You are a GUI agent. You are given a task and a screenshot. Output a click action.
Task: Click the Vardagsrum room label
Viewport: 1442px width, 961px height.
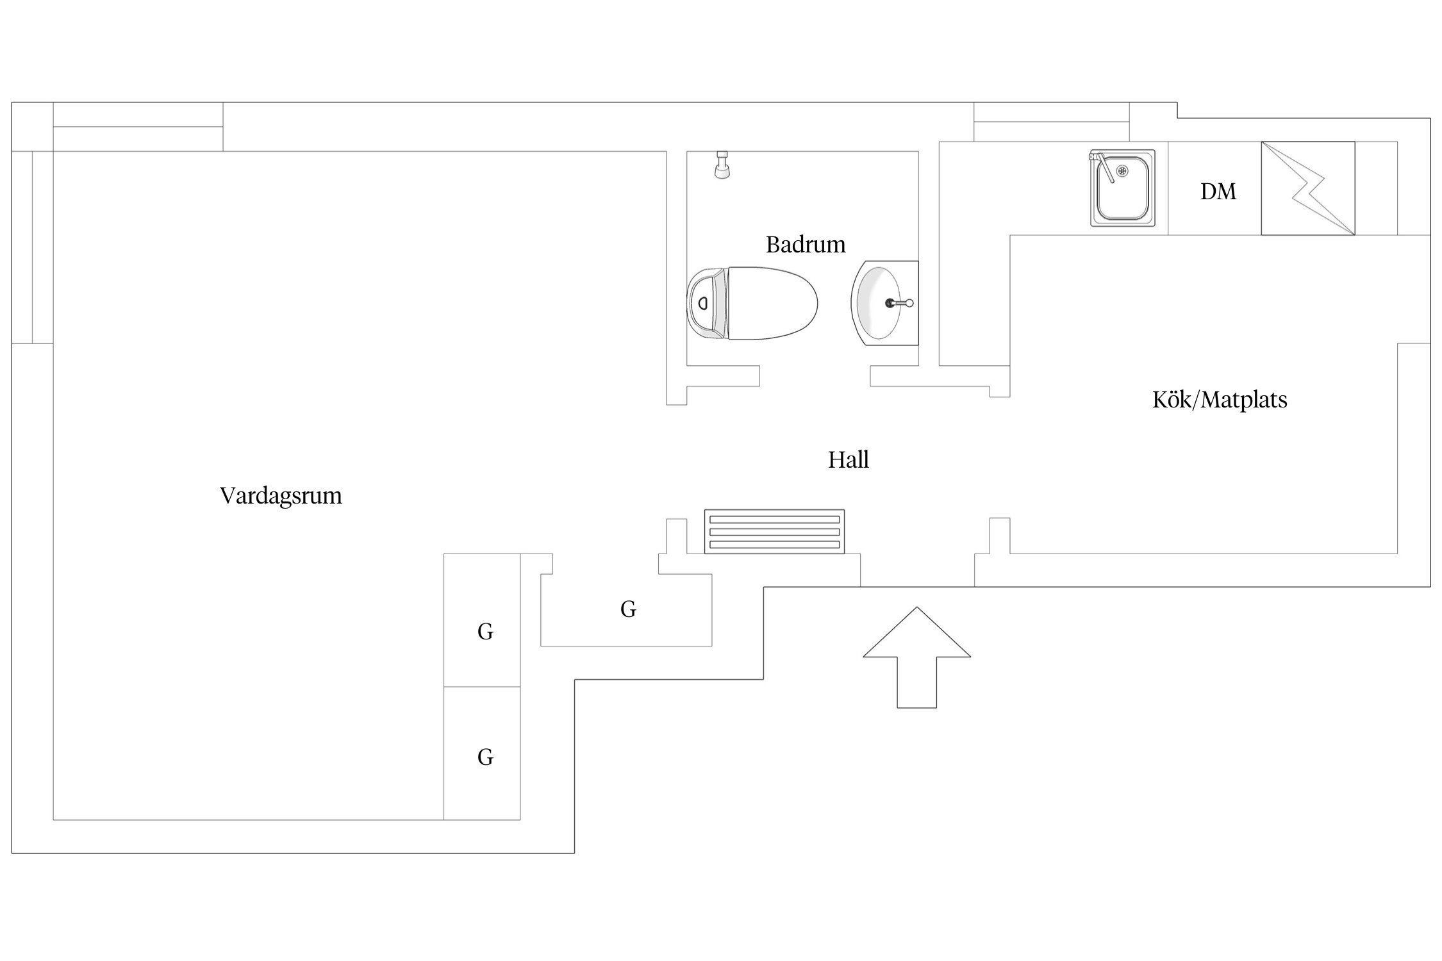281,496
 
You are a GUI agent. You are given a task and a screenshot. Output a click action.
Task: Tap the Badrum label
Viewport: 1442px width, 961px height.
806,245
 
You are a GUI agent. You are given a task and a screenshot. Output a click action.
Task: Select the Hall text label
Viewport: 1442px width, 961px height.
848,460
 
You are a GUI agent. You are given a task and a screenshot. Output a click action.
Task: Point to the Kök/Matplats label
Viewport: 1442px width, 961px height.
1219,400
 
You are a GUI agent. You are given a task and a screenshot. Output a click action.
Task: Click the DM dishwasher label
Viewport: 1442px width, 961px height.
1218,192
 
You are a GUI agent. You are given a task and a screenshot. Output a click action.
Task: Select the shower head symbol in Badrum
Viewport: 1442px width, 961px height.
722,165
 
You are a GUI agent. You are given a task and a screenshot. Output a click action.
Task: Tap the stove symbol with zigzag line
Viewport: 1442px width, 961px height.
1307,188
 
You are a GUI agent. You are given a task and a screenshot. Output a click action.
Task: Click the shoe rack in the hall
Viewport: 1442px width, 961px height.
774,531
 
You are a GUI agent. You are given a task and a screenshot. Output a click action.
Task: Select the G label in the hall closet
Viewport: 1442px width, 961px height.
628,609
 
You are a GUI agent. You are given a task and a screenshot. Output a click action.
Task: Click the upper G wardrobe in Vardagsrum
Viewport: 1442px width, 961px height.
485,632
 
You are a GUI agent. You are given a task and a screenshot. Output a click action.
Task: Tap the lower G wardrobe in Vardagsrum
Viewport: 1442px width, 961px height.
485,757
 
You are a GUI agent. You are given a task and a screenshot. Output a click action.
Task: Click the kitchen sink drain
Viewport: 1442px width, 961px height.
1122,170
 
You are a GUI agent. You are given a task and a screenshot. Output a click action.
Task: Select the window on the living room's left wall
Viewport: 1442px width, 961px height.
31,247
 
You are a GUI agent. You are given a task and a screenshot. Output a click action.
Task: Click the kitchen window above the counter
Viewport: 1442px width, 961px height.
1051,131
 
